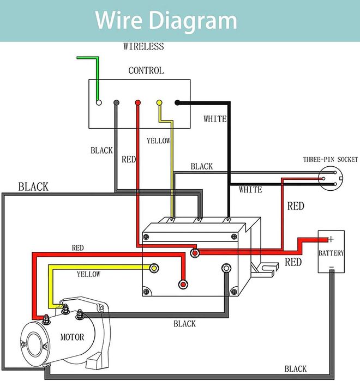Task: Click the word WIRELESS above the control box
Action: point(143,46)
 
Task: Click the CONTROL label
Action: point(146,70)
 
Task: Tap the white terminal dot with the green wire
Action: point(99,102)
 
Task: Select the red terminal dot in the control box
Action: point(137,102)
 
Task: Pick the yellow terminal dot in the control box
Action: point(159,102)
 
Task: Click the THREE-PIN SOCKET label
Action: point(331,160)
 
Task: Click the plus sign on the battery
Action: point(331,239)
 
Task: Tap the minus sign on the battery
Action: point(331,267)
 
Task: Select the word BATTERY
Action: point(332,253)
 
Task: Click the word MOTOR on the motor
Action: point(72,337)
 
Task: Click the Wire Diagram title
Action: point(166,20)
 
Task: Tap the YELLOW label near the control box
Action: point(159,141)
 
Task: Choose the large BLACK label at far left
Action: point(33,186)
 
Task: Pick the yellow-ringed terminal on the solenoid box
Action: point(154,269)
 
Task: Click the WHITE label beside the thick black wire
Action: point(215,118)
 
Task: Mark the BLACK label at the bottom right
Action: point(295,368)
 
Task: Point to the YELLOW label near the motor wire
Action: point(88,274)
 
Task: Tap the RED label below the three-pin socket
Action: point(296,206)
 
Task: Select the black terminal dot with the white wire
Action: point(178,102)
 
